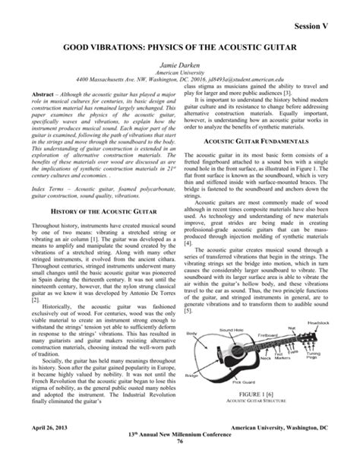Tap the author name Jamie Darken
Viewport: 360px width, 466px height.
click(180, 68)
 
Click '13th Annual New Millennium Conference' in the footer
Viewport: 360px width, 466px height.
click(180, 442)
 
